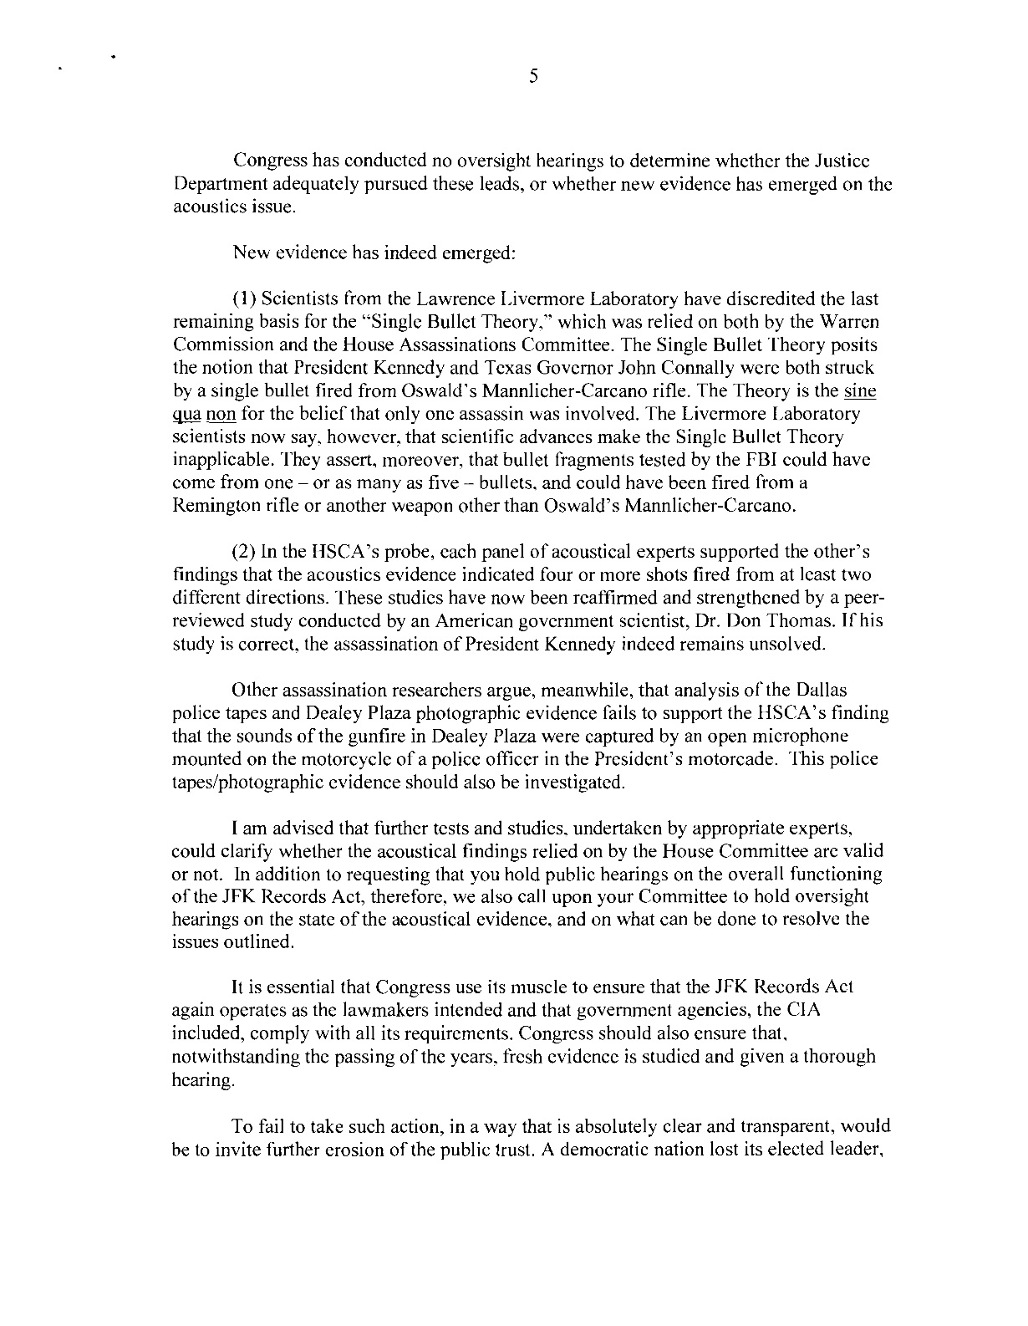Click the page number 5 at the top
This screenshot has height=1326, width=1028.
pos(532,78)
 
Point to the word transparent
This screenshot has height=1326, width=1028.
pos(799,1125)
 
